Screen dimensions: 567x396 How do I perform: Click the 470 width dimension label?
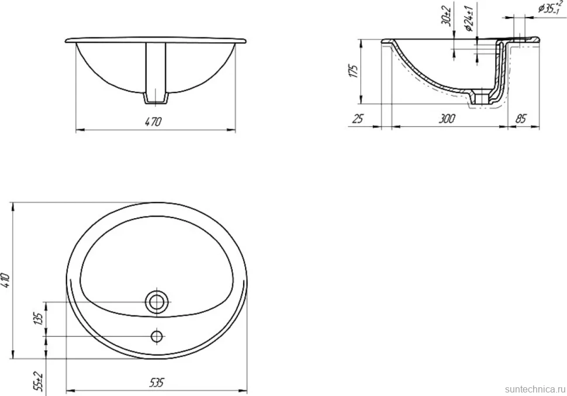click(153, 122)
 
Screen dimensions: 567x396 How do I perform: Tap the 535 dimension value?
click(156, 382)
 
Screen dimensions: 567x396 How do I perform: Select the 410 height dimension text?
click(7, 280)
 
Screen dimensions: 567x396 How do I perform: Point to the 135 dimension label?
click(39, 318)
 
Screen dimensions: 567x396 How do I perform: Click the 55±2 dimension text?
click(39, 381)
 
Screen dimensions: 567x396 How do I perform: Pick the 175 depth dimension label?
click(354, 71)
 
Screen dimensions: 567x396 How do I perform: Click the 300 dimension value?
click(447, 118)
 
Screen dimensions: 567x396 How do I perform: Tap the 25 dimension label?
click(357, 118)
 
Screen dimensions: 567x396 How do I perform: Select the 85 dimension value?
click(521, 118)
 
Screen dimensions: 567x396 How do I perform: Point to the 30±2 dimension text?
click(447, 16)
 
